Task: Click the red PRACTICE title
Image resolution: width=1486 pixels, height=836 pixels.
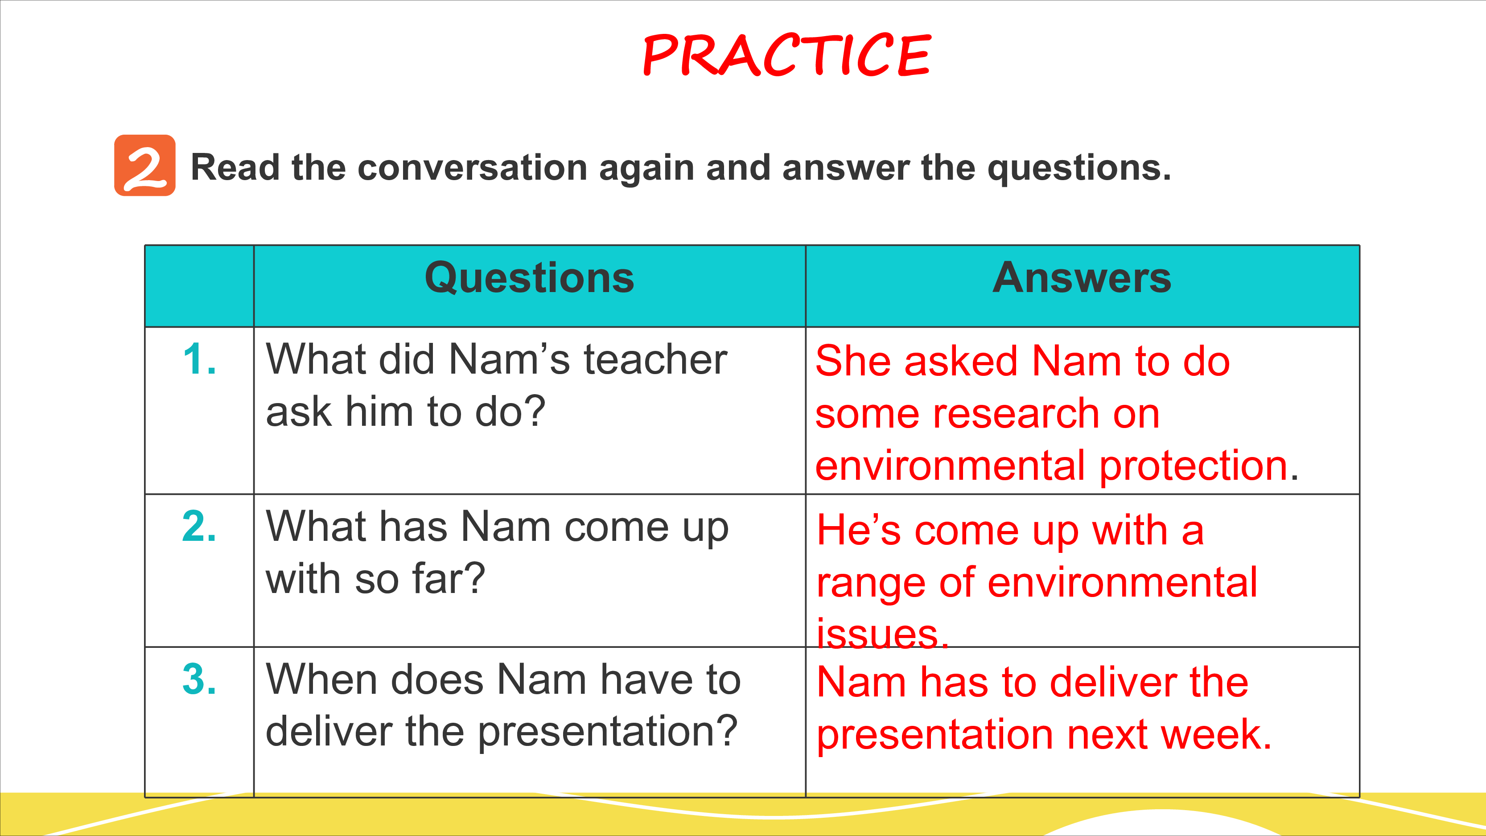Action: (x=787, y=55)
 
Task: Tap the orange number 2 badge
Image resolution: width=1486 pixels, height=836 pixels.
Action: (x=145, y=165)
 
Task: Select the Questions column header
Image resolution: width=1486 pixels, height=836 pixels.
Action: (x=530, y=279)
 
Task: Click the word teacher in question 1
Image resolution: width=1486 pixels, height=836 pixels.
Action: (x=655, y=359)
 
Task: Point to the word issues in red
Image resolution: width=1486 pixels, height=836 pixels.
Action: (x=878, y=634)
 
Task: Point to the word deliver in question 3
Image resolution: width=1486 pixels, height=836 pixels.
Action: (x=329, y=731)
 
